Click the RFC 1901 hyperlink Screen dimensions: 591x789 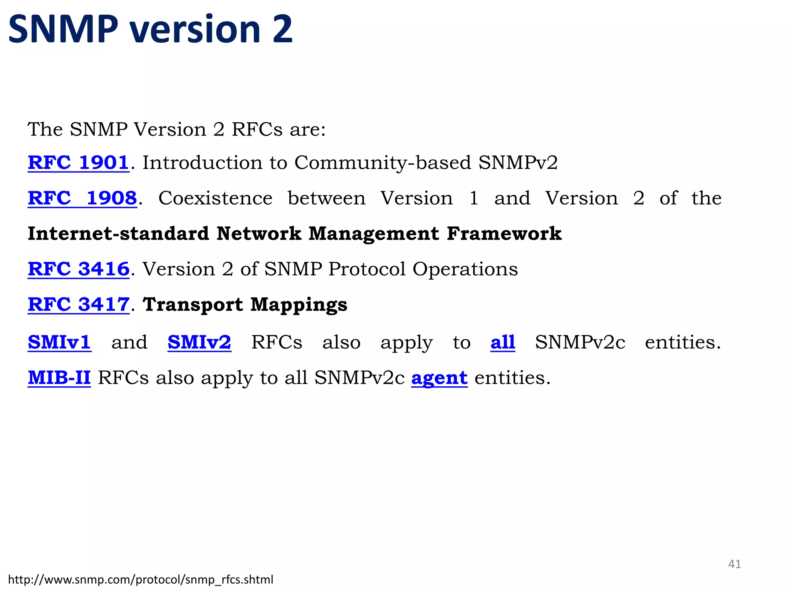[x=78, y=162]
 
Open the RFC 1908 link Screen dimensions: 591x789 [x=82, y=198]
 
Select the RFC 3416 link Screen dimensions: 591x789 [x=79, y=269]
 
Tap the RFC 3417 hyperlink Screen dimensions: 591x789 [x=79, y=304]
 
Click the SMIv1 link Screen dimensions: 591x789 [x=59, y=342]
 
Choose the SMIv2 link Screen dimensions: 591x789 [x=199, y=342]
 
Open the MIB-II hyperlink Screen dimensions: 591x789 [x=59, y=377]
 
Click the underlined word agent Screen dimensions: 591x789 [x=439, y=377]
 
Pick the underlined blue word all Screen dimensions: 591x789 [x=502, y=342]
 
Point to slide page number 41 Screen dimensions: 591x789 [x=734, y=564]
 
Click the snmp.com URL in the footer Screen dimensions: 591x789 [x=141, y=579]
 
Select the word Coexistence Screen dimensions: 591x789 [x=215, y=198]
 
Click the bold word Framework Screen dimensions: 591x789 [x=504, y=234]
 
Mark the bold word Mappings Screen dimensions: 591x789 [x=299, y=304]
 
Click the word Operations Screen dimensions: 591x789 [x=465, y=269]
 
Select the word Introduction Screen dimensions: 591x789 [x=202, y=162]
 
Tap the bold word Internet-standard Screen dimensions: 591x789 [x=118, y=234]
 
